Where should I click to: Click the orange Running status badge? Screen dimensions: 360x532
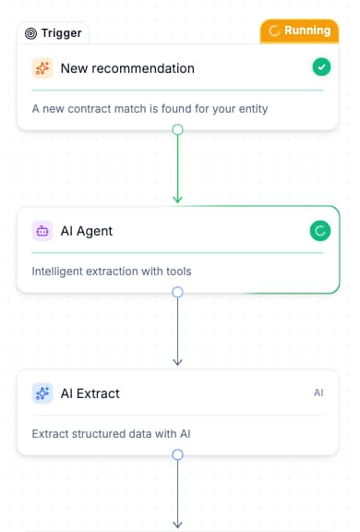coord(300,30)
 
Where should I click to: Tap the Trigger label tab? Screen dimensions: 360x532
coord(54,33)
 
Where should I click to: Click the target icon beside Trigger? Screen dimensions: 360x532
coord(31,33)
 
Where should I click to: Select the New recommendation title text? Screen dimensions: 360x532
coord(127,68)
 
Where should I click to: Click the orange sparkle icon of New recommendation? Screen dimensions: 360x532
coord(42,68)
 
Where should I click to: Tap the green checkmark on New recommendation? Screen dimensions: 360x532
coord(320,66)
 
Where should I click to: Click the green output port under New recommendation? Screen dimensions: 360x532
coord(178,130)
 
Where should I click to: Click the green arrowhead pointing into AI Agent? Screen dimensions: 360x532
coord(178,198)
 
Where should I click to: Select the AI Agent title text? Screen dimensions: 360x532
coord(87,231)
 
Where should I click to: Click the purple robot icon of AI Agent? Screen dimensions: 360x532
coord(42,231)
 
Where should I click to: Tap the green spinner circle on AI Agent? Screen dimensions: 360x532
coord(319,231)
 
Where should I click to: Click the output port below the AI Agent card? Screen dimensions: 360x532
coord(178,292)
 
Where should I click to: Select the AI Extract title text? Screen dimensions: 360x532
coord(90,393)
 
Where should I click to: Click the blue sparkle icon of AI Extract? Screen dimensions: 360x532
coord(42,393)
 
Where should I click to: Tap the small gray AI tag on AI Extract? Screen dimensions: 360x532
coord(318,393)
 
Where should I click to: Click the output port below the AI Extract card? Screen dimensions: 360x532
coord(178,454)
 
